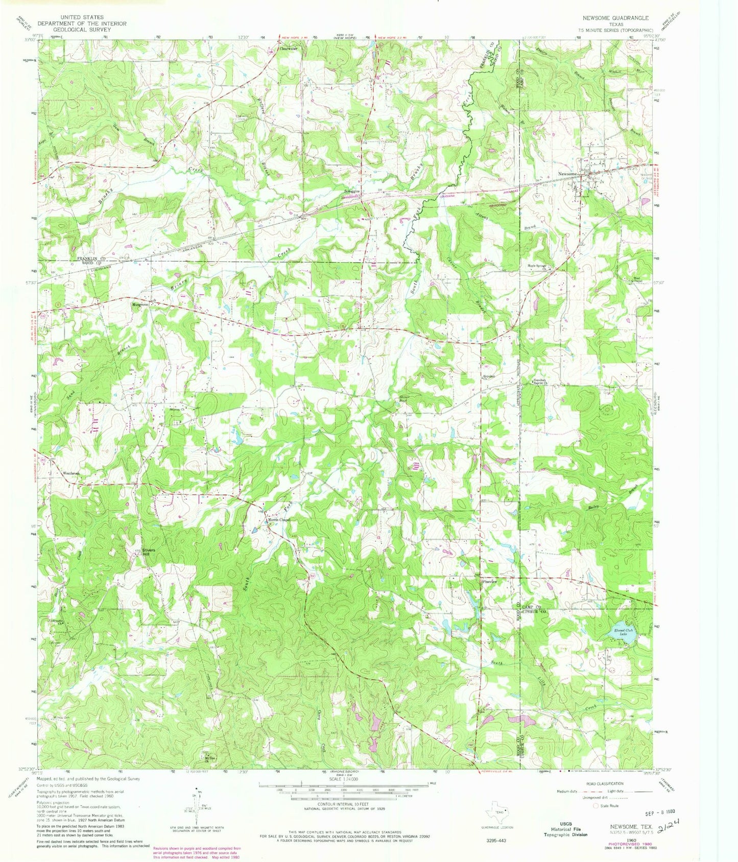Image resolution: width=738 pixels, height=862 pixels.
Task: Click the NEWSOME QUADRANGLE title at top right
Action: (620, 17)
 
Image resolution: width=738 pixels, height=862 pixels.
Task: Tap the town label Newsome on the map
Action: (568, 174)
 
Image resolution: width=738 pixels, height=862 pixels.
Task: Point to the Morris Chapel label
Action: (279, 520)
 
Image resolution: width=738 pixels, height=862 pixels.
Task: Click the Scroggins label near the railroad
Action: (351, 191)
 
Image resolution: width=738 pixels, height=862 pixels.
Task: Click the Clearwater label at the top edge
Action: (288, 49)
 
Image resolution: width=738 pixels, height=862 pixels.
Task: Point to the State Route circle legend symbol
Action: (595, 806)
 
